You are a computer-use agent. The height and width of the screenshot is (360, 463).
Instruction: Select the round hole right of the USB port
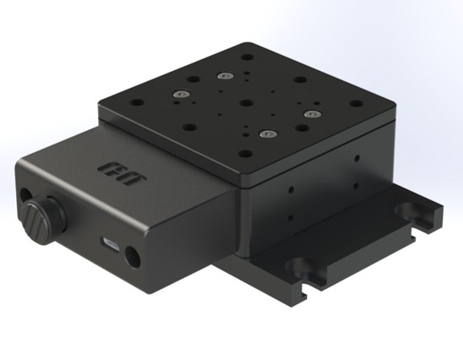pyautogui.click(x=131, y=253)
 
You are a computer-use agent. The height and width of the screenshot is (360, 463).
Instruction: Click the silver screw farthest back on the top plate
pyautogui.click(x=225, y=76)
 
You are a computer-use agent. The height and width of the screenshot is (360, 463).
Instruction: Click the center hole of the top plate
pyautogui.click(x=245, y=104)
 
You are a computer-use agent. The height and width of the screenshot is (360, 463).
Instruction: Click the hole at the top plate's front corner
pyautogui.click(x=245, y=154)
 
